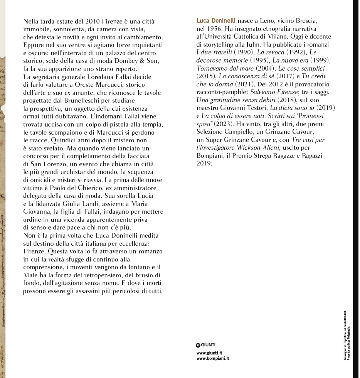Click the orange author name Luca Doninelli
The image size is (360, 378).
coord(216,20)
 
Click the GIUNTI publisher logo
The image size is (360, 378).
coord(205,344)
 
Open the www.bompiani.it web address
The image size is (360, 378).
coord(213,358)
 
